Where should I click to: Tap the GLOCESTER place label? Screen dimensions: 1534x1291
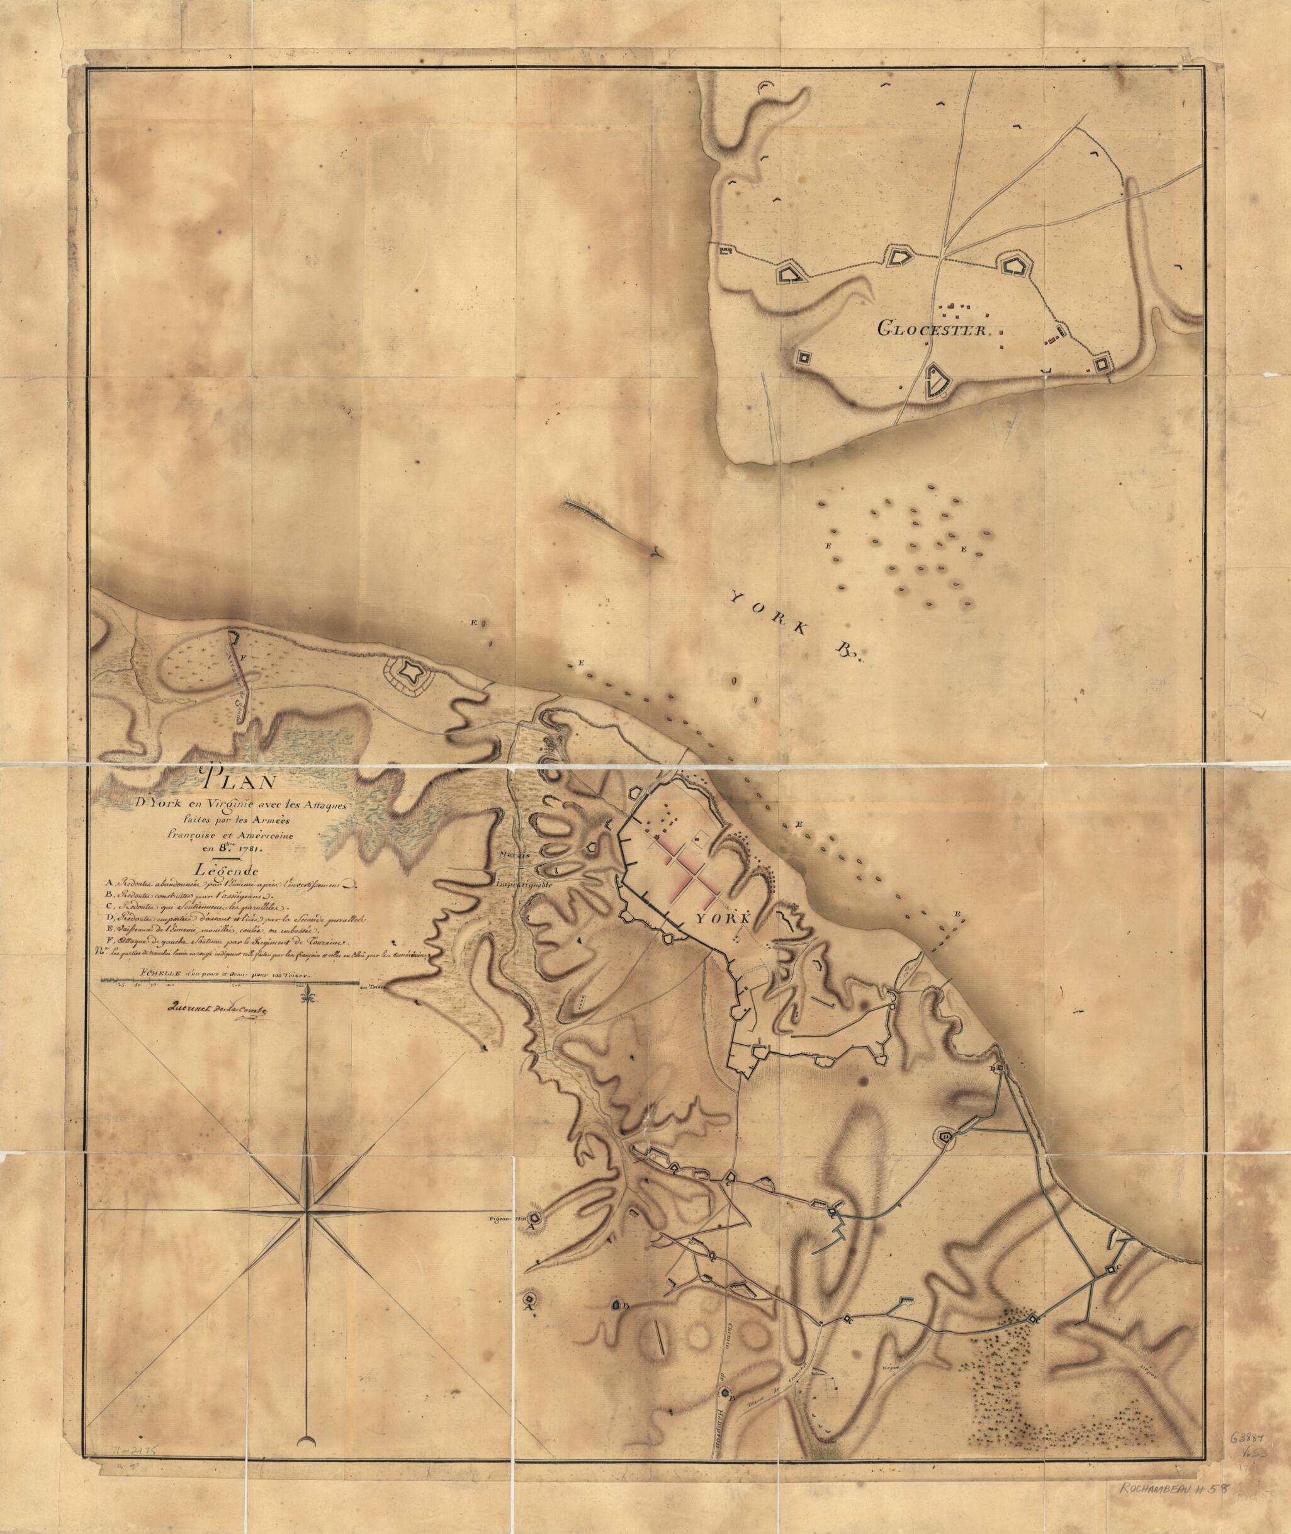pos(933,330)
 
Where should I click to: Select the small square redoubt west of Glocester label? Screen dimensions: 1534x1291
pos(804,356)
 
